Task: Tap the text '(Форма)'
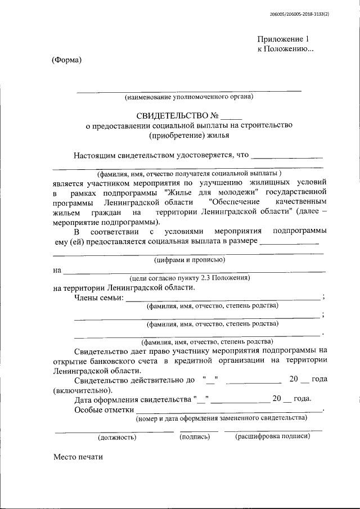coord(66,60)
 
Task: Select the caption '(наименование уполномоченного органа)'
coord(189,97)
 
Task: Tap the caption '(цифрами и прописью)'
coord(190,260)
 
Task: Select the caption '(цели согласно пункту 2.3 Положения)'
coord(190,278)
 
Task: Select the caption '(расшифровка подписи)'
coord(273,436)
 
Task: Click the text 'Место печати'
coord(79,457)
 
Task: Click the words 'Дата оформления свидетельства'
coord(133,399)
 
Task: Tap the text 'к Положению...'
coord(285,49)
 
